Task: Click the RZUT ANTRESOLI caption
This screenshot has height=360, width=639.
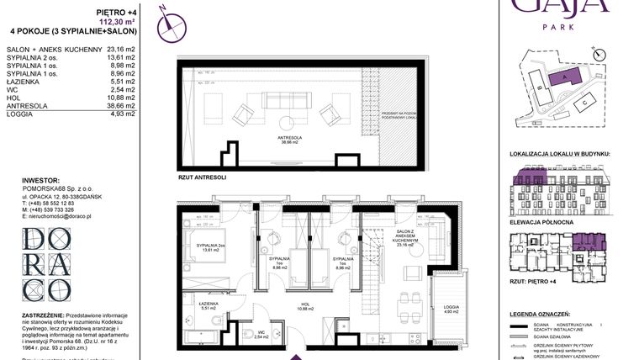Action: tap(203, 178)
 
